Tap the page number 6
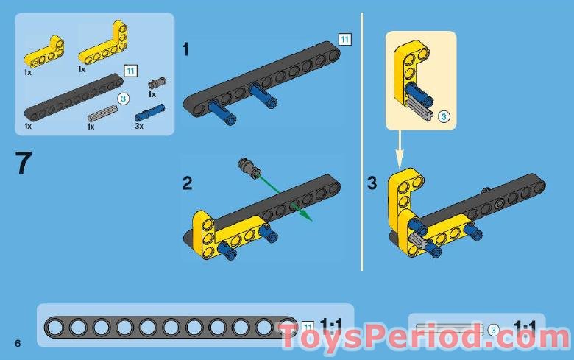click(16, 344)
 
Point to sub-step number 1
click(186, 50)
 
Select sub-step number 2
click(188, 183)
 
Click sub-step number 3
click(372, 183)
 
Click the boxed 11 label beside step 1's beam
click(344, 39)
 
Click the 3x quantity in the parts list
click(139, 126)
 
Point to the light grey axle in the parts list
click(102, 113)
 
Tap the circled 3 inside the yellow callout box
click(444, 116)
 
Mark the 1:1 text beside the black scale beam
click(331, 325)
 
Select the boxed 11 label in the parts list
click(131, 71)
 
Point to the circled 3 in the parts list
click(124, 97)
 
